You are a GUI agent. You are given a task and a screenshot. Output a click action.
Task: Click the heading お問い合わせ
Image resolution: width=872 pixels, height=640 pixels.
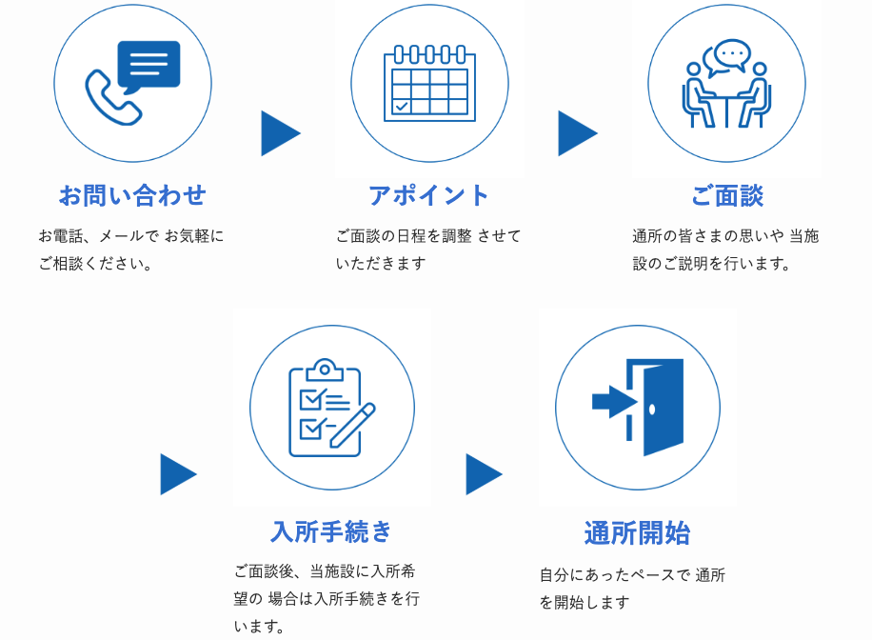(x=132, y=195)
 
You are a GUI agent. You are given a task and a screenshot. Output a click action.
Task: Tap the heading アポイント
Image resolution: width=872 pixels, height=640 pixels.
(x=429, y=195)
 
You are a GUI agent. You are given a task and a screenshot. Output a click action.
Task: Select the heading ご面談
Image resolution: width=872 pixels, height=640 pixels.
(x=726, y=195)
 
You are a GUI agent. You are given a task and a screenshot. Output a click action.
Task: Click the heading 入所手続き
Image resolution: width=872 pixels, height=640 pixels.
(x=331, y=531)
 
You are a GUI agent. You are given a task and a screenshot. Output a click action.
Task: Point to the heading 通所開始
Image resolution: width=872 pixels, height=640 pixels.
(x=637, y=532)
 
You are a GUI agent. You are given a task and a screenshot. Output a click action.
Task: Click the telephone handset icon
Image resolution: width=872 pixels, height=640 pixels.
(x=110, y=98)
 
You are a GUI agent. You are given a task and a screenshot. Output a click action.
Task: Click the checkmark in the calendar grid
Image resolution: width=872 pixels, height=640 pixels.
(x=402, y=106)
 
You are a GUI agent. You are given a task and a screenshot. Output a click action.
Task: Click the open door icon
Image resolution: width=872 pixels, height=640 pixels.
(x=657, y=407)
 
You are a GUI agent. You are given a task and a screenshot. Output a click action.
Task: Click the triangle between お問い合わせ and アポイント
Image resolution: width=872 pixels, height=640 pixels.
(x=280, y=133)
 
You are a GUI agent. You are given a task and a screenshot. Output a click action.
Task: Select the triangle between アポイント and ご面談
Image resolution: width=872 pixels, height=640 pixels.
(x=577, y=133)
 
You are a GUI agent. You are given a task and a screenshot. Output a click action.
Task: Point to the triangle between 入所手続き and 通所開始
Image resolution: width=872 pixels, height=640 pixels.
(x=483, y=474)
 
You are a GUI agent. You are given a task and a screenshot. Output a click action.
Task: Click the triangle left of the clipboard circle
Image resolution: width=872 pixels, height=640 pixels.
(x=177, y=474)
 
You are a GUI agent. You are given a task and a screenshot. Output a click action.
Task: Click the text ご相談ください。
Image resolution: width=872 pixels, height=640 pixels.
(x=96, y=263)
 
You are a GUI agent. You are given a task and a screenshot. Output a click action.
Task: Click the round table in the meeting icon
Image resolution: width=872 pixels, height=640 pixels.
(x=726, y=98)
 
